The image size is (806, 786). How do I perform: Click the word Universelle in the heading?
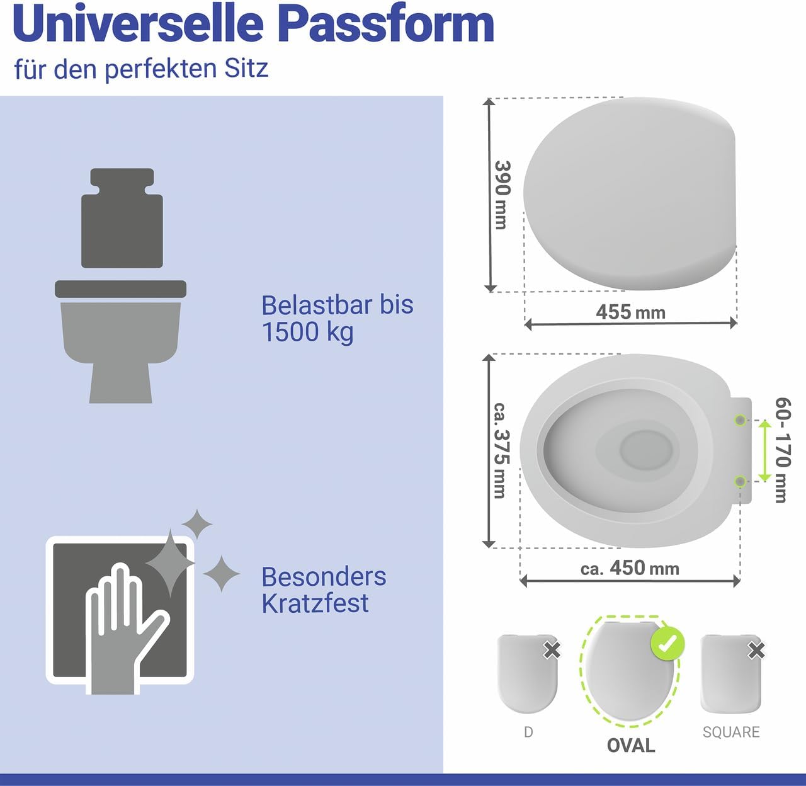[x=138, y=23]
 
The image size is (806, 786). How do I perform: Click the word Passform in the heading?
[x=385, y=23]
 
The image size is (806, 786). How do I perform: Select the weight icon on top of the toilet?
[x=122, y=218]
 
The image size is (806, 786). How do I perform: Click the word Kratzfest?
[x=315, y=603]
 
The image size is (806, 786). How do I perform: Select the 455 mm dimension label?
[x=630, y=312]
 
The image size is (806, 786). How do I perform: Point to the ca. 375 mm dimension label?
[x=501, y=450]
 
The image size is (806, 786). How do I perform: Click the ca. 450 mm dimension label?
[x=630, y=568]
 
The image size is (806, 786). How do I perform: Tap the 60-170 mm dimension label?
[x=783, y=450]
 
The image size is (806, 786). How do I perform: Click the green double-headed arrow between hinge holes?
[x=764, y=451]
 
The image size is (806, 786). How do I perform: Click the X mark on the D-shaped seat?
[x=552, y=650]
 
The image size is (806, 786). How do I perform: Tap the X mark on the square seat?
[x=756, y=651]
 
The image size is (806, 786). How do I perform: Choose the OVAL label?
[x=631, y=746]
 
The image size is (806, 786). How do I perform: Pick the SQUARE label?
[x=731, y=732]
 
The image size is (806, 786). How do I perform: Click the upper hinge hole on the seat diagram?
[x=740, y=420]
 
